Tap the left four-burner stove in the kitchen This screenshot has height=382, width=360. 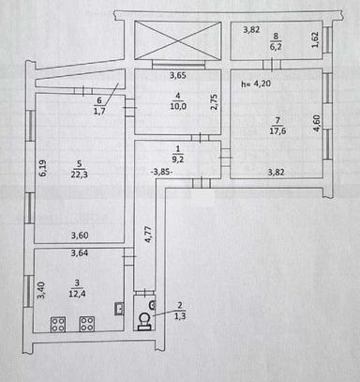click(x=58, y=325)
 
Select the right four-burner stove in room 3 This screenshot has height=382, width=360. click(x=87, y=325)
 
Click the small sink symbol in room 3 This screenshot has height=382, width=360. click(x=119, y=309)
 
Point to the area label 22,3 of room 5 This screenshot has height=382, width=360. click(x=79, y=175)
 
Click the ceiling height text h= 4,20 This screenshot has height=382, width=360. click(x=256, y=84)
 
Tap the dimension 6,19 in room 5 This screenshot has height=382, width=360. click(x=42, y=168)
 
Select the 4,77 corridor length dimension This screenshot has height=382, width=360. click(x=148, y=235)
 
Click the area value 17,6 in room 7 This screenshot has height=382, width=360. click(x=277, y=130)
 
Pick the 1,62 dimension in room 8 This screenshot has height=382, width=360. click(x=315, y=39)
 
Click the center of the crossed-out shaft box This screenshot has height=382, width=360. click(x=178, y=40)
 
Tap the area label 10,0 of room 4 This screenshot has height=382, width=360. click(x=178, y=106)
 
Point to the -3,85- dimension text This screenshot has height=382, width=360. click(x=162, y=172)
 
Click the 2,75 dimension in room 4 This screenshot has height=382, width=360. click(x=214, y=102)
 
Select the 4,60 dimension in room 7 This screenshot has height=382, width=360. click(x=316, y=123)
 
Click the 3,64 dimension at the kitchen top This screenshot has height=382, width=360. click(x=80, y=252)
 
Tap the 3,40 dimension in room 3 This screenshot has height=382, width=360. click(x=41, y=290)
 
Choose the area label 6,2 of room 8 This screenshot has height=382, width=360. click(x=276, y=47)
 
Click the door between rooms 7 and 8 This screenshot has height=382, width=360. click(x=272, y=65)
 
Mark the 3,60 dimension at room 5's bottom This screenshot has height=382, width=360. click(x=80, y=236)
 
